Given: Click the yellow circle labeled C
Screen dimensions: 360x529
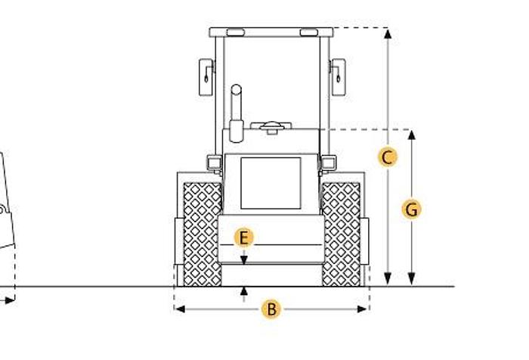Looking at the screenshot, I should tap(387, 157).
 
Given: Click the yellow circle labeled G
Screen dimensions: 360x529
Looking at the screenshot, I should tap(411, 209).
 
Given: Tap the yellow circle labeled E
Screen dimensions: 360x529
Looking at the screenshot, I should tap(243, 238).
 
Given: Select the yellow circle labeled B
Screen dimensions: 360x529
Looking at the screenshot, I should tap(271, 309).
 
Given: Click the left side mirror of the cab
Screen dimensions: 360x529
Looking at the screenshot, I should tap(206, 77).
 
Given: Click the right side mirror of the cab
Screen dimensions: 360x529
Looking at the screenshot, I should tap(338, 77).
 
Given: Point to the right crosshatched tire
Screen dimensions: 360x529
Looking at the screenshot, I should tap(342, 233).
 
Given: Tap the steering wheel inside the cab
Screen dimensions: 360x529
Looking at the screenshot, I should tap(271, 126).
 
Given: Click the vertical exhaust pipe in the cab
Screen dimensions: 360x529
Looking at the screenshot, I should tap(237, 113).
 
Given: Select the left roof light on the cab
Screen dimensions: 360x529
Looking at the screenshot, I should tap(235, 33).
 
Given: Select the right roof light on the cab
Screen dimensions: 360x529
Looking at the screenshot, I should tap(308, 33).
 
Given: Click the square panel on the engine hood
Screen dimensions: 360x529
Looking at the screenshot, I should tap(271, 183).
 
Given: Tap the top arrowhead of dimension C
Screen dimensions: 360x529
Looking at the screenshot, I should tap(387, 33).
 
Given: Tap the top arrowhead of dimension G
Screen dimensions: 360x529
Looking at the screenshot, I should tap(411, 134).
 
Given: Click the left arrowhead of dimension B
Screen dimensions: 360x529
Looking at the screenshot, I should tap(178, 309).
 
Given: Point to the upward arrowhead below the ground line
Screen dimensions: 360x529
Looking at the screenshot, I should tap(243, 290).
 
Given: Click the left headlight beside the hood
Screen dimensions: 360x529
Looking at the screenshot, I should tap(214, 162).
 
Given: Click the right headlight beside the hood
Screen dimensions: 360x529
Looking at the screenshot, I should tap(329, 162).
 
